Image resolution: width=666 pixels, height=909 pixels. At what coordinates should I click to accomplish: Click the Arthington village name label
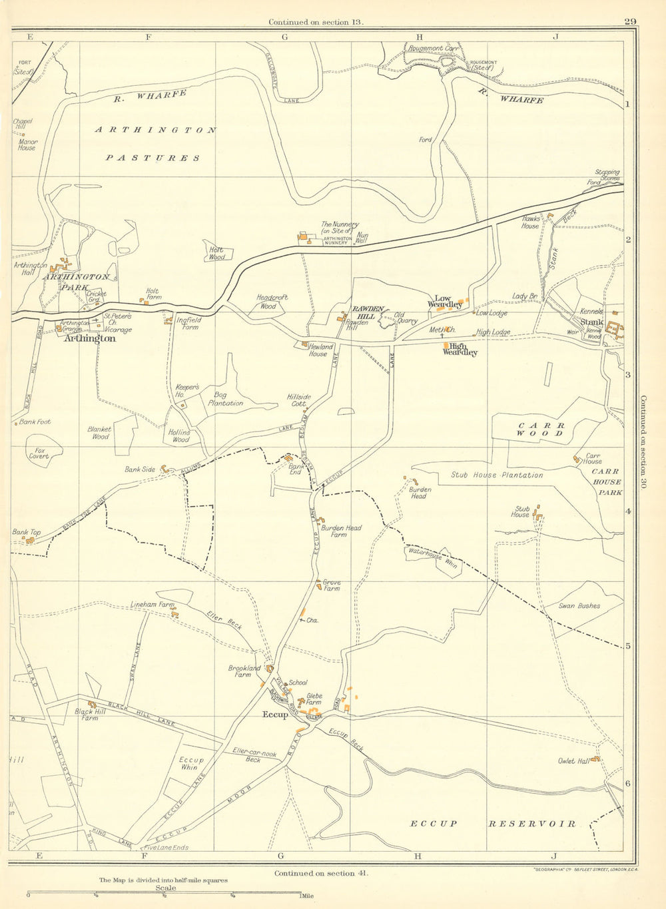[90, 338]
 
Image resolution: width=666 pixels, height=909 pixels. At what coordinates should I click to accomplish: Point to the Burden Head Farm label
[342, 531]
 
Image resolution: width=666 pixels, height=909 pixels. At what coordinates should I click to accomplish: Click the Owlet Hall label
[574, 761]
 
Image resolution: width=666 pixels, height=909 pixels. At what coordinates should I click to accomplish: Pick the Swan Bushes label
[579, 606]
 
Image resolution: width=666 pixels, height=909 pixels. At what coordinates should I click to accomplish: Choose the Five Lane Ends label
[166, 848]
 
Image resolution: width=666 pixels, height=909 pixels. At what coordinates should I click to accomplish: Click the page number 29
[630, 21]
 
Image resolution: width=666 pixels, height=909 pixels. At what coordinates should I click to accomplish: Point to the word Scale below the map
[165, 888]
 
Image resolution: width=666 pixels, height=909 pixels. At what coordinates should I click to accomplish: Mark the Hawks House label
[531, 222]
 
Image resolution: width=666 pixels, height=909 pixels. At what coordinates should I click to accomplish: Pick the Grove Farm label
[331, 585]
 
